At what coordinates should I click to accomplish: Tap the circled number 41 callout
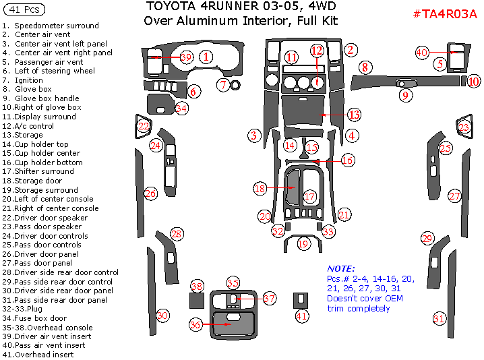coord(301,315)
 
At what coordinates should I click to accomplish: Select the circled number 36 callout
coord(195,325)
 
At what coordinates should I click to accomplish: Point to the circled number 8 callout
coord(365,67)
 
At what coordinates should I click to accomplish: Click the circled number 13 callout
coord(354,115)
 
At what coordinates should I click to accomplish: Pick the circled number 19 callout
coord(303,243)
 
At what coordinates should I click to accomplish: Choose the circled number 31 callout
coord(439,319)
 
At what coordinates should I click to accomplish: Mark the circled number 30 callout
coord(162,315)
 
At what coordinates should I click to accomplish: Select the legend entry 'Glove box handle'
coord(47,98)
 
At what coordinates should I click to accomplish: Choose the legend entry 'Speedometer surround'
coord(57,26)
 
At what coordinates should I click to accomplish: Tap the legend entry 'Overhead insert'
coord(44,355)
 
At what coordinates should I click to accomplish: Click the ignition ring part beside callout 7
coord(236,86)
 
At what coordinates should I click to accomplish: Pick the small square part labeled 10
coord(464,82)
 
